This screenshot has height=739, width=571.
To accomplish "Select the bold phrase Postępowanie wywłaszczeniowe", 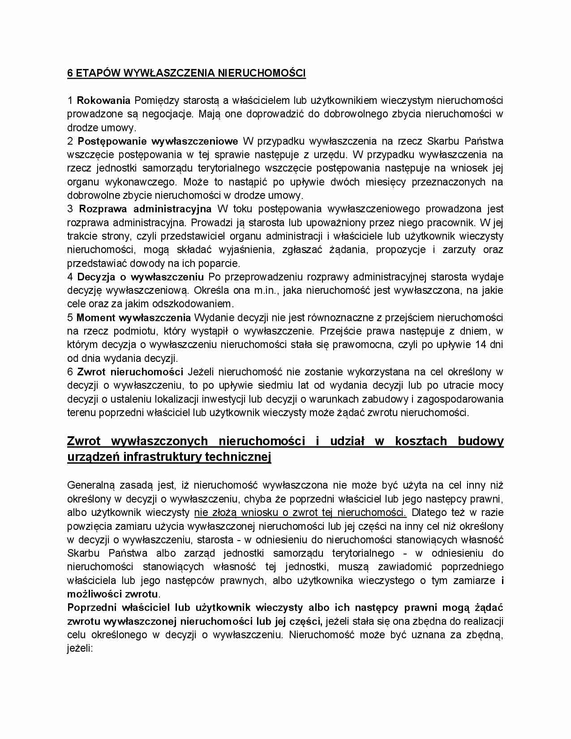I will (158, 141).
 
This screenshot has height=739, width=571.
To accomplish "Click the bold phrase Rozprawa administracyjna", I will (145, 209).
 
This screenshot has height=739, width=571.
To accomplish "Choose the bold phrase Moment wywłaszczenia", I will (133, 318).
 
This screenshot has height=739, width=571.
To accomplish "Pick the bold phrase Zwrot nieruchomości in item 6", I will (130, 372).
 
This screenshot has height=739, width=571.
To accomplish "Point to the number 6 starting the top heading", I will (70, 73).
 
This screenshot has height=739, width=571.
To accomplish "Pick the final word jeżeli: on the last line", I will (80, 648).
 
